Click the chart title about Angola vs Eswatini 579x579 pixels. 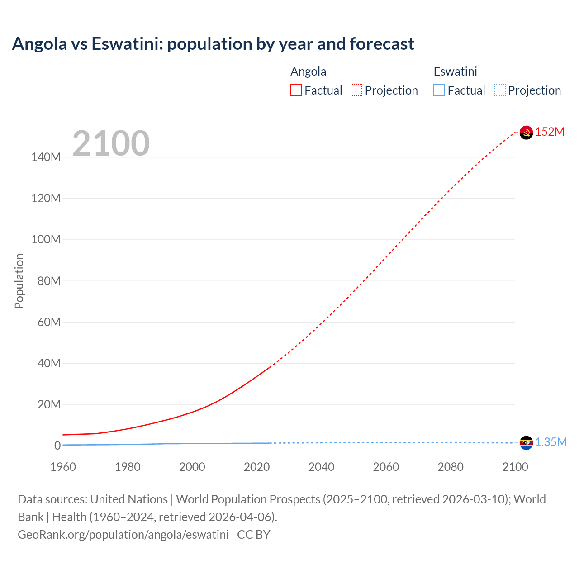(213, 44)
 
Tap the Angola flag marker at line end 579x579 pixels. (526, 133)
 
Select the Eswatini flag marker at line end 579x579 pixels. (526, 443)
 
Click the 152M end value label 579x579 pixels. (550, 132)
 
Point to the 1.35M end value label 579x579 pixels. (551, 442)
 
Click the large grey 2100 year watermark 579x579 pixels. (111, 143)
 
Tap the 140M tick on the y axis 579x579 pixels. (46, 157)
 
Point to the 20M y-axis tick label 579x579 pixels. (48, 404)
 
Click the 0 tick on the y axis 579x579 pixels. (57, 446)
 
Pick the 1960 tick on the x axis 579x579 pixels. (63, 467)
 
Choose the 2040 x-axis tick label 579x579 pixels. (321, 467)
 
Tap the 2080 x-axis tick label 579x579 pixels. (450, 467)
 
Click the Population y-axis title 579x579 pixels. (19, 281)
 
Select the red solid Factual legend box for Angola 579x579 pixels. (296, 90)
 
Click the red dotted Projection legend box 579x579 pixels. (356, 90)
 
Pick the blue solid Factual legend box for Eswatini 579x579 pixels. (439, 90)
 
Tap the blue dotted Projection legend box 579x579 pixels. (500, 90)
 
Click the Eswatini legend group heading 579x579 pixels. (455, 71)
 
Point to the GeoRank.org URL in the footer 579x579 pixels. (123, 535)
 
